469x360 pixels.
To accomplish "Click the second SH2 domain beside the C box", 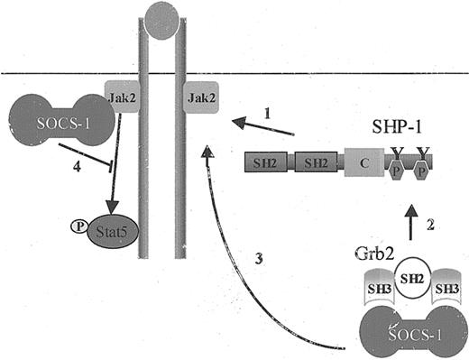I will coord(319,163).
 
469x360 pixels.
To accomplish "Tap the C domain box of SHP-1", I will coord(363,163).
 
